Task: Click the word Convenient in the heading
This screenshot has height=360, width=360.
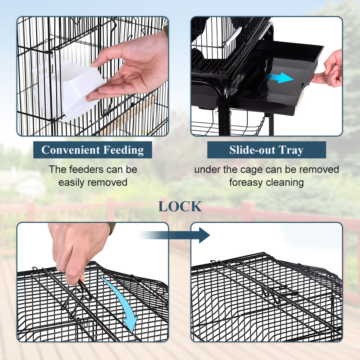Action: (x=71, y=150)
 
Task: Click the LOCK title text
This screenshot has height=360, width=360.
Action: (x=180, y=206)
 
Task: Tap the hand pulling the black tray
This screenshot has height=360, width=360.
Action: (x=330, y=70)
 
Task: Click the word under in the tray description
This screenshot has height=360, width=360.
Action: (x=207, y=169)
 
